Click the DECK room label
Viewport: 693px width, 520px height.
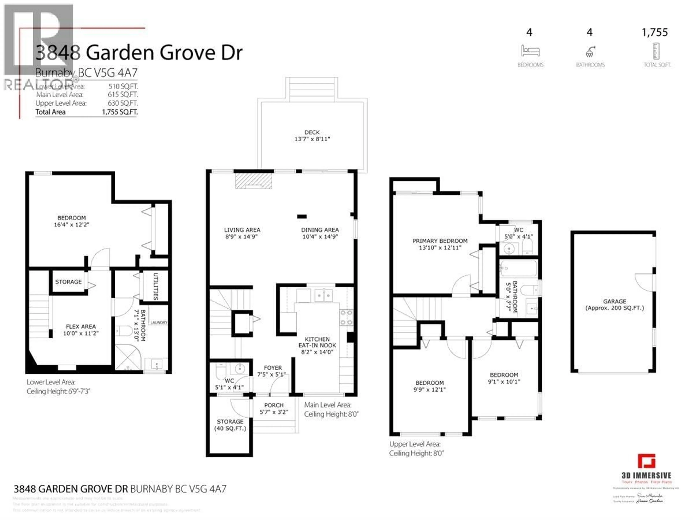click(x=312, y=132)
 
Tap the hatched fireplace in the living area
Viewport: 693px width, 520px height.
click(x=253, y=181)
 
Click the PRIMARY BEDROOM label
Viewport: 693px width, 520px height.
click(x=440, y=241)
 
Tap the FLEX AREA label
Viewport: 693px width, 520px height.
click(x=81, y=326)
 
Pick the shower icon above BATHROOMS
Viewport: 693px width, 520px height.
click(x=590, y=52)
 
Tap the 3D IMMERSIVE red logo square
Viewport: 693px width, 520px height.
click(x=646, y=461)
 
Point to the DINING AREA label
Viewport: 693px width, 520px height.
click(x=320, y=230)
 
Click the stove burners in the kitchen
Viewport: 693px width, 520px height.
click(x=346, y=317)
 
